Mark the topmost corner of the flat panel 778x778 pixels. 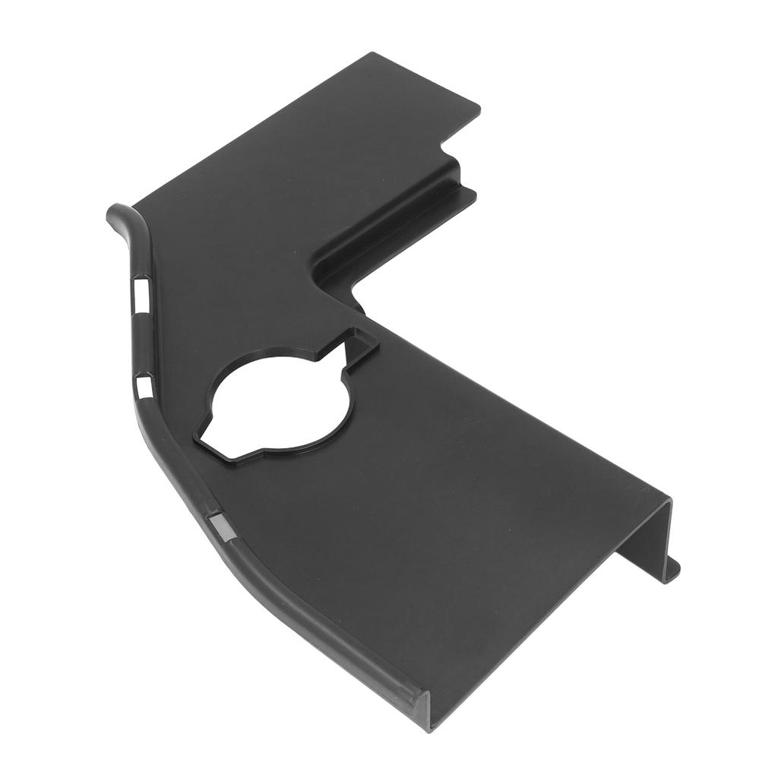373,54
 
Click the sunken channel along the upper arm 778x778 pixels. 387,228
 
